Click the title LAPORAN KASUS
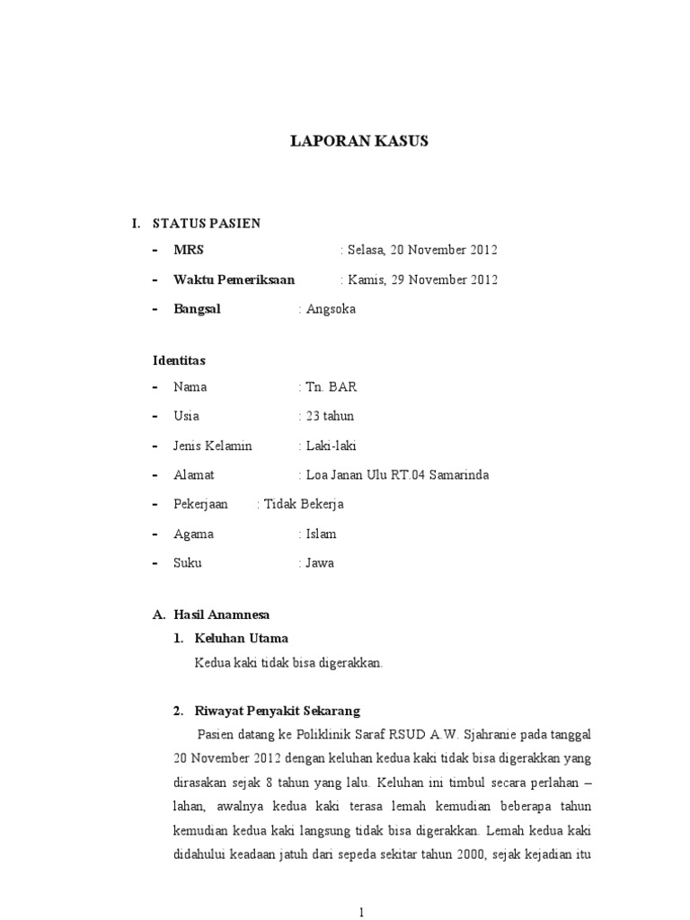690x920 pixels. tap(358, 141)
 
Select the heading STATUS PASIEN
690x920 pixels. tap(207, 223)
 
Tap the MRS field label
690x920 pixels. tap(189, 250)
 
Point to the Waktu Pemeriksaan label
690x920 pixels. tap(234, 279)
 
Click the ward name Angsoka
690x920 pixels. tap(331, 309)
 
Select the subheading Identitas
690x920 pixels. tap(180, 360)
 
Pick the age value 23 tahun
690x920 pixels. tap(330, 416)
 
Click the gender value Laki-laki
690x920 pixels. tap(332, 446)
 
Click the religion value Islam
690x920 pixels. tap(321, 534)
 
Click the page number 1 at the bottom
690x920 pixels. tap(361, 912)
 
